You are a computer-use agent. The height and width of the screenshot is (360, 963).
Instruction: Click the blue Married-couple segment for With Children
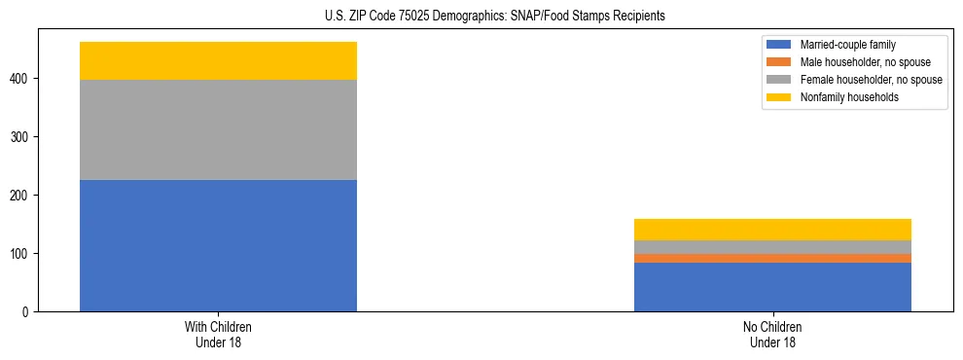pos(218,245)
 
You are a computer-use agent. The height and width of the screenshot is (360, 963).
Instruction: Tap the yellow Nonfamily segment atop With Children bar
pos(218,60)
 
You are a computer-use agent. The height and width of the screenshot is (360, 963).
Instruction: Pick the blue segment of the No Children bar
pos(772,287)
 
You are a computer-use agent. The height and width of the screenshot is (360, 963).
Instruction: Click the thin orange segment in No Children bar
pos(772,258)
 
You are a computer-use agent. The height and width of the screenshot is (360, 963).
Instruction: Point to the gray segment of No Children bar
pos(772,247)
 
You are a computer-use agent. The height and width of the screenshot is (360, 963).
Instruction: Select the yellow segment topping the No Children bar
pos(772,230)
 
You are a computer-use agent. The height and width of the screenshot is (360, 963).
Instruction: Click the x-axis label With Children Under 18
pos(218,334)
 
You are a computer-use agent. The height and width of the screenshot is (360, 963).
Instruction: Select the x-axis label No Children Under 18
pos(772,334)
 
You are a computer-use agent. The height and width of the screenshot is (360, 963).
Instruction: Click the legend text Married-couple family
pos(847,45)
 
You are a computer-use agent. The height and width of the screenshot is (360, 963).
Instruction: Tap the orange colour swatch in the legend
pos(780,62)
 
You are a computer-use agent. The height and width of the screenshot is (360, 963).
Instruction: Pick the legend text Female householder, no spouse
pos(871,80)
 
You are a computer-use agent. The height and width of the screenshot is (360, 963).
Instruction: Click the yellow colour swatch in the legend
pos(780,97)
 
